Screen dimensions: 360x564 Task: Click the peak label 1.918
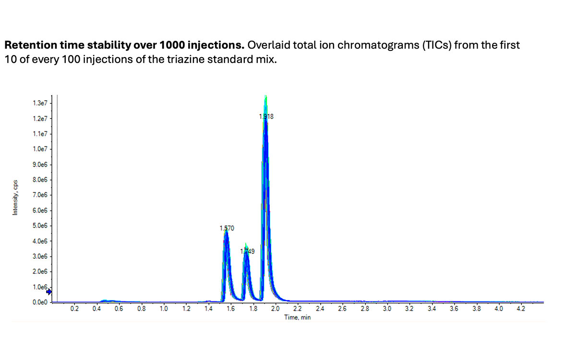(x=266, y=116)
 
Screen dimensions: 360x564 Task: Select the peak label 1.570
(x=227, y=228)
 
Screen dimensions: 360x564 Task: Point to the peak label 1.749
(x=247, y=251)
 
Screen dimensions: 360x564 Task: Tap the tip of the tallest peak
(x=265, y=96)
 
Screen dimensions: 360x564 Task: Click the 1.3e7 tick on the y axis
(x=41, y=103)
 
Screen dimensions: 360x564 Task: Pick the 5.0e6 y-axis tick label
(x=41, y=226)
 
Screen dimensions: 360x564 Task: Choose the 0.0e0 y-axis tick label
(x=41, y=302)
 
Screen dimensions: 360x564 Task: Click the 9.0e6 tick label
(x=41, y=165)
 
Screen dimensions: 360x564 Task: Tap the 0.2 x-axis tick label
(x=74, y=309)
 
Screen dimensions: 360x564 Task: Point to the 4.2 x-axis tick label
(x=521, y=309)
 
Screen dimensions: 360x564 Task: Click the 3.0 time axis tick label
(x=387, y=309)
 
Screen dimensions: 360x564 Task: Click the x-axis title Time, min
(x=297, y=317)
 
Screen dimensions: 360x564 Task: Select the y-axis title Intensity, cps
(x=15, y=197)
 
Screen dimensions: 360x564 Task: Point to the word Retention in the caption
(x=28, y=46)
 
